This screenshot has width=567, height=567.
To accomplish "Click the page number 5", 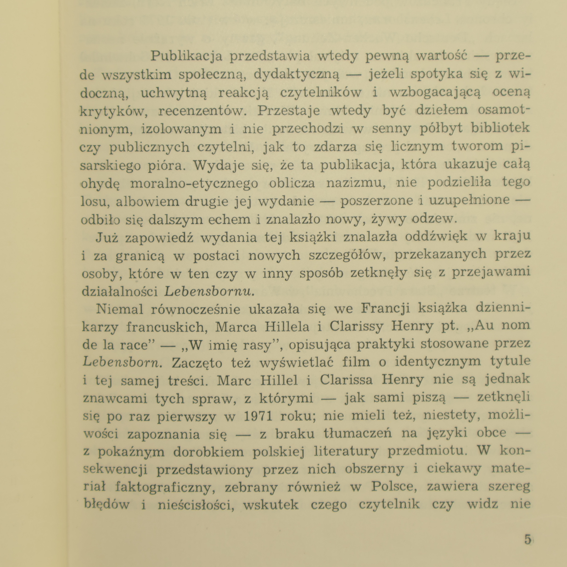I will (528, 540).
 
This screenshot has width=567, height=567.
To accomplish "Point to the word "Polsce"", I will (394, 487).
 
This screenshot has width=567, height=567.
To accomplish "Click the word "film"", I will (368, 362).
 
